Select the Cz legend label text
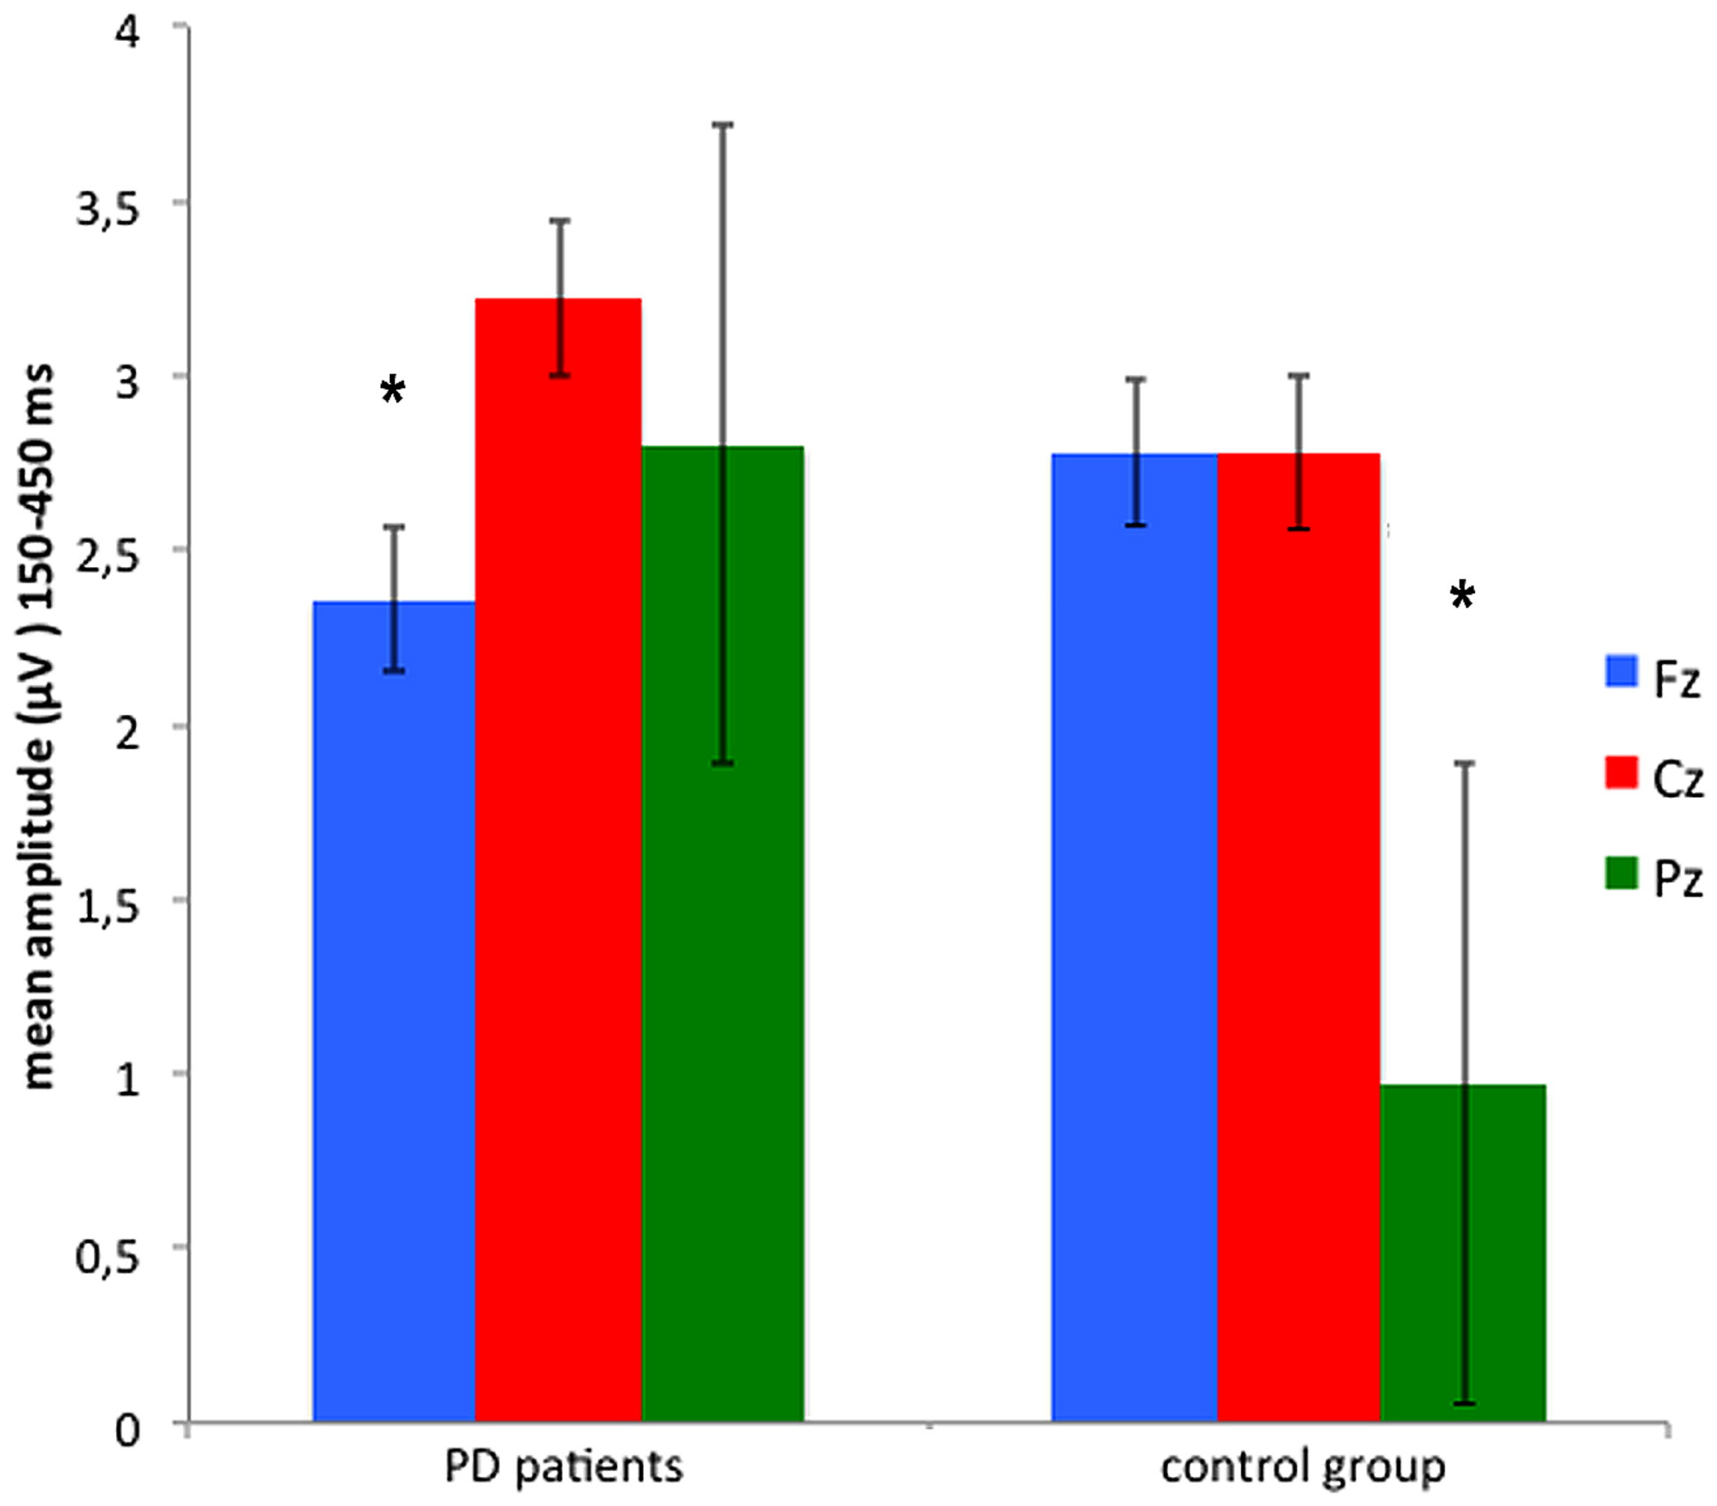(x=1677, y=779)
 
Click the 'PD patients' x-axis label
(x=563, y=1466)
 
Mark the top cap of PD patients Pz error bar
(x=723, y=124)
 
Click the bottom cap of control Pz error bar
(x=1464, y=1403)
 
